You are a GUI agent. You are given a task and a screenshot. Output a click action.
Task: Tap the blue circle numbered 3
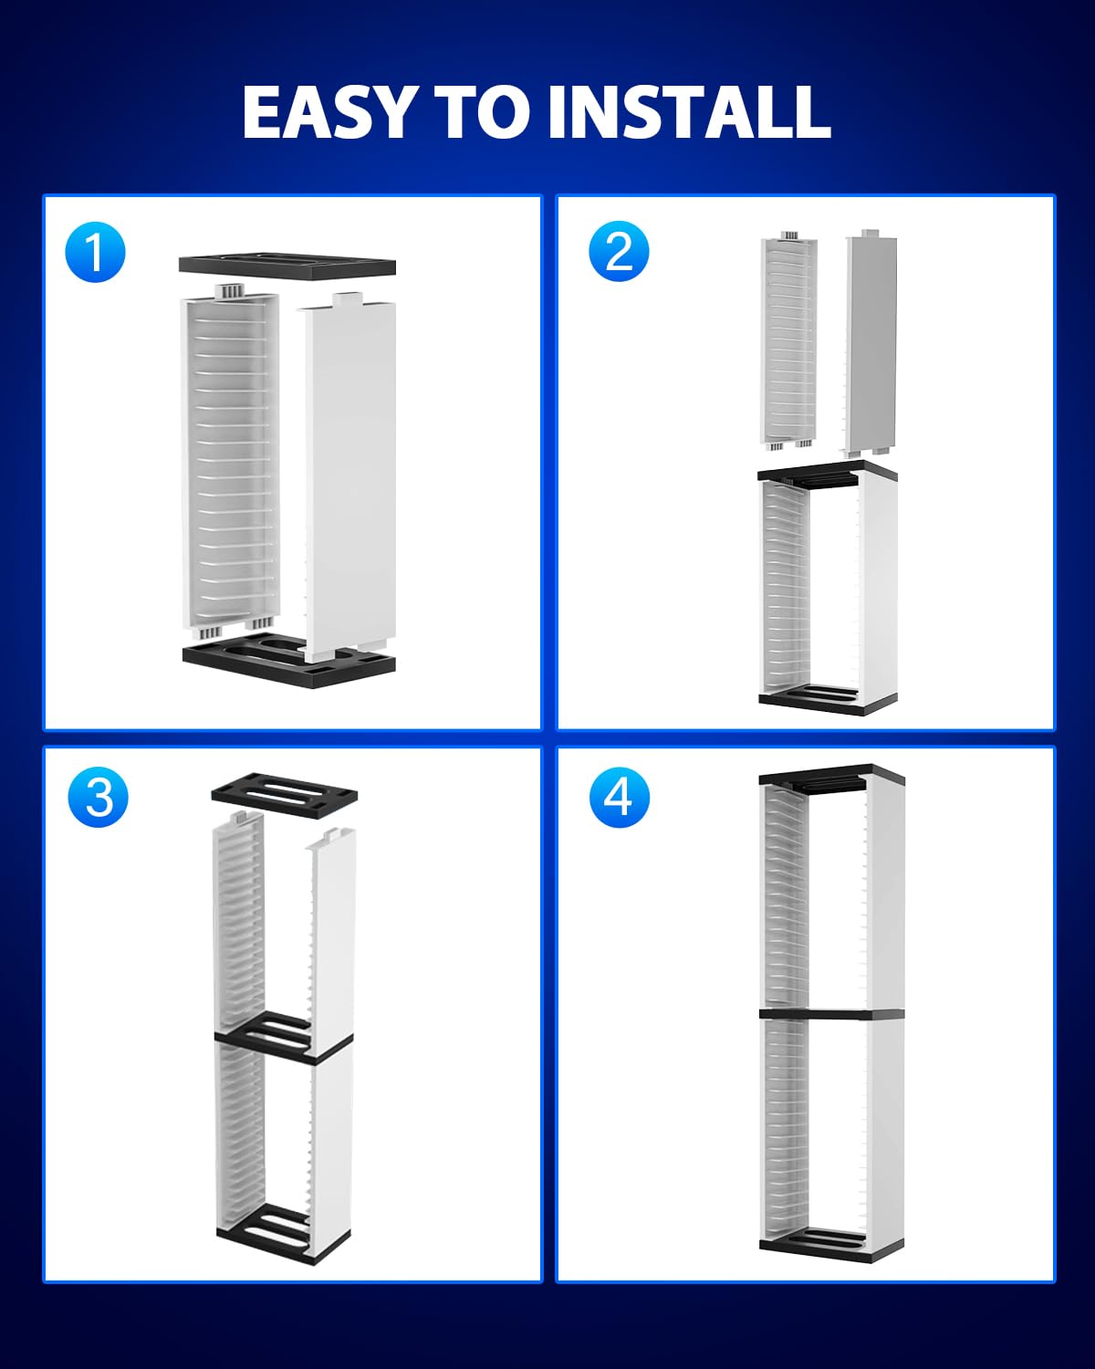tap(99, 797)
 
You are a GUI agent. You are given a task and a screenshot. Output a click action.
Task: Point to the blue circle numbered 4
tap(619, 797)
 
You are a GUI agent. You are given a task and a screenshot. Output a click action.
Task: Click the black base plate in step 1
tap(287, 662)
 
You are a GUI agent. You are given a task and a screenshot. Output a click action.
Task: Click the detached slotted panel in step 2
tap(788, 342)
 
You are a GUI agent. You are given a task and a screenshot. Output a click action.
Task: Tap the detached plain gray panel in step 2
tap(871, 342)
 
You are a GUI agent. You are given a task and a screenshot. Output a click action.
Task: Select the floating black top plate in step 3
tap(284, 790)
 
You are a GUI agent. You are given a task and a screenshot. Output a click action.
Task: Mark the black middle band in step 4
tap(830, 1013)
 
